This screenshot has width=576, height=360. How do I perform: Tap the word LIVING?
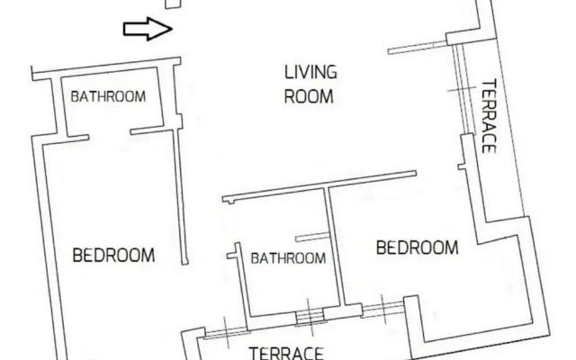(310, 72)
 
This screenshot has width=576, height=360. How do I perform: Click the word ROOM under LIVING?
(309, 96)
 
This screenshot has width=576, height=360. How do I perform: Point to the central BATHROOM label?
(288, 258)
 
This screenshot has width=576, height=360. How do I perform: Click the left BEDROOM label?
(112, 255)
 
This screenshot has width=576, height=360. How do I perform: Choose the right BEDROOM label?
(417, 247)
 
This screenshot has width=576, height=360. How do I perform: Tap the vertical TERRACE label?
(490, 118)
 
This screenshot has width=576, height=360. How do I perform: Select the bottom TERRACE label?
(286, 352)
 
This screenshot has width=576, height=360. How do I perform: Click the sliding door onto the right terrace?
(460, 90)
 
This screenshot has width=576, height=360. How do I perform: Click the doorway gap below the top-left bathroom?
(110, 136)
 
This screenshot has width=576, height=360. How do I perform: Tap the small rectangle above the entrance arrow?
(174, 4)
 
